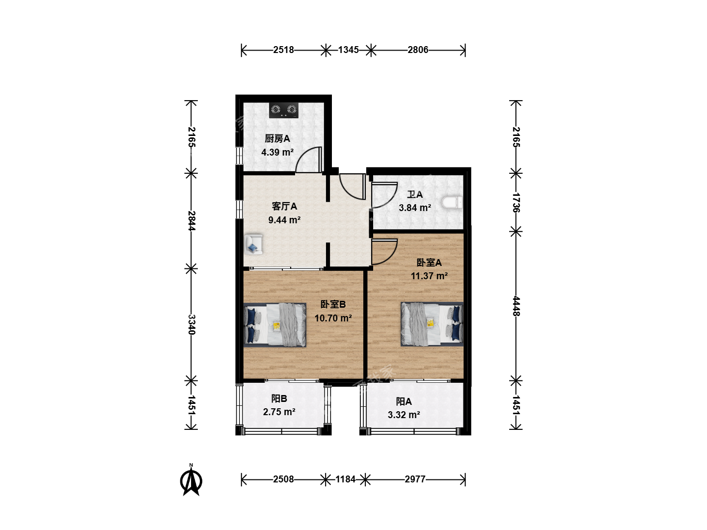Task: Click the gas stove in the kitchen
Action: pyautogui.click(x=283, y=110)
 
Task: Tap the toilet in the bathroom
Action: pyautogui.click(x=452, y=203)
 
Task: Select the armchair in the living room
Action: pyautogui.click(x=253, y=244)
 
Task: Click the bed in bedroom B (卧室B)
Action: pyautogui.click(x=275, y=325)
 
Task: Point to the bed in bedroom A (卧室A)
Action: pyautogui.click(x=432, y=324)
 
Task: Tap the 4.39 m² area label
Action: pyautogui.click(x=277, y=152)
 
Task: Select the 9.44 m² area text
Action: pyautogui.click(x=284, y=220)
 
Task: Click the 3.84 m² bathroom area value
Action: pyautogui.click(x=415, y=208)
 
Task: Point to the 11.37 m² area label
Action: pyautogui.click(x=429, y=276)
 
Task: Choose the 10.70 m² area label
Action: pyautogui.click(x=333, y=318)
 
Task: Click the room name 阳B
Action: pyautogui.click(x=279, y=398)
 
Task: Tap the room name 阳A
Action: pyautogui.click(x=404, y=401)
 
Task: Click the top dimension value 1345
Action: pyautogui.click(x=348, y=50)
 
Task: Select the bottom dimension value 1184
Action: pyautogui.click(x=345, y=479)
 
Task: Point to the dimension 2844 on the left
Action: pyautogui.click(x=191, y=221)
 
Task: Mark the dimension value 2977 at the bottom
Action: pyautogui.click(x=415, y=479)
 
